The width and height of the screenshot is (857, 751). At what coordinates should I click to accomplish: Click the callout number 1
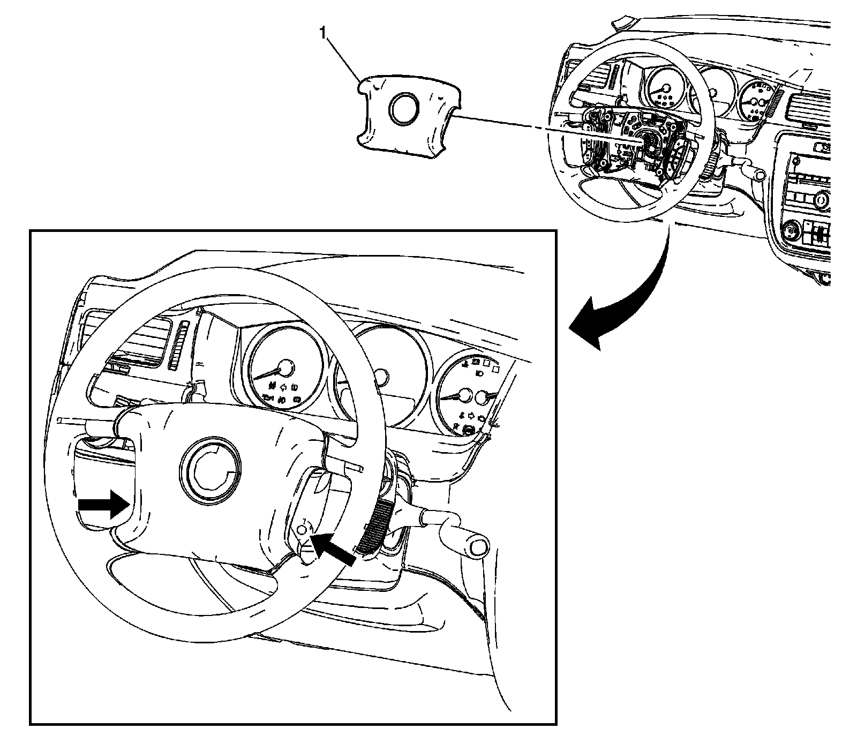coord(323,34)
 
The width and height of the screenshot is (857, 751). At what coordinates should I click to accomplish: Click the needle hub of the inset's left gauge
coord(285,367)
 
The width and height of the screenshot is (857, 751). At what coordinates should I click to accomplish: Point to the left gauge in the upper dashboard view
coord(665,92)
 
